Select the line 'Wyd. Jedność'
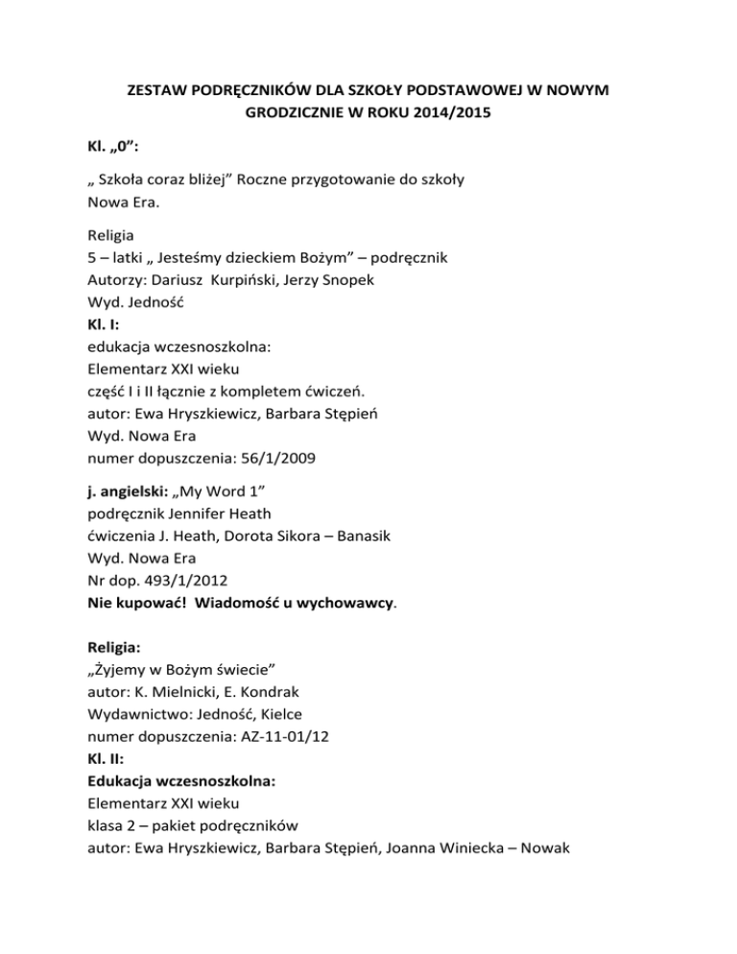(x=133, y=303)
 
